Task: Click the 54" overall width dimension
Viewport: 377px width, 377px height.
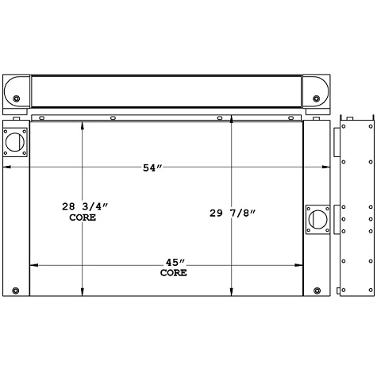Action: (152, 167)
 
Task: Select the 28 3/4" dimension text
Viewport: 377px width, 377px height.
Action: (85, 206)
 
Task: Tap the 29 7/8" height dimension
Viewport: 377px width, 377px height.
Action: (234, 212)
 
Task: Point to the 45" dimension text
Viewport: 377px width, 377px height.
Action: (174, 263)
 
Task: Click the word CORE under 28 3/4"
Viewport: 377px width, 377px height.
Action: (83, 217)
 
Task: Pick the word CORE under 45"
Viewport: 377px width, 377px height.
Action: (174, 273)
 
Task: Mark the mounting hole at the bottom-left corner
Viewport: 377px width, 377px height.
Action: (15, 289)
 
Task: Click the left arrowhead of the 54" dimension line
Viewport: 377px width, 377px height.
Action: (8, 167)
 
